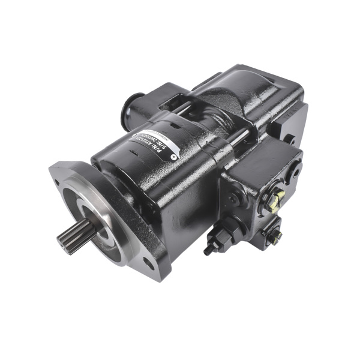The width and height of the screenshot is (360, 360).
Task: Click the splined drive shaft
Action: [x=71, y=236]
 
